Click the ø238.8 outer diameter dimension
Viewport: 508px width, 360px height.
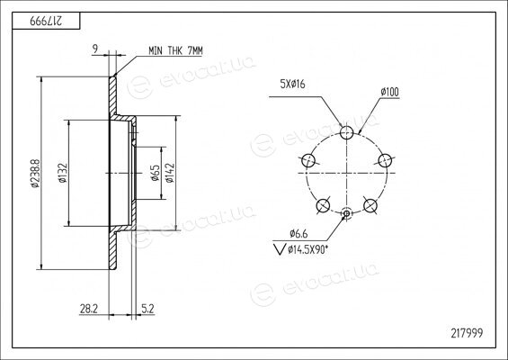coord(35,173)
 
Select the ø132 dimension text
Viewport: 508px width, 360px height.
coord(63,173)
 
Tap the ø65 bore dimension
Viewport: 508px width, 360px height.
coord(156,173)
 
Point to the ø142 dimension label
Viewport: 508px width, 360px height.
coord(170,173)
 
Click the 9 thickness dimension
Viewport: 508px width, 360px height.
coord(95,49)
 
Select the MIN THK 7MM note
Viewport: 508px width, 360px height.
coord(175,50)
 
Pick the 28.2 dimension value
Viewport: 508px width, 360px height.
coord(89,309)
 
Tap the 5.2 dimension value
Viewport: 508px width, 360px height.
coord(147,309)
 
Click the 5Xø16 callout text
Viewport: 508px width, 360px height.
coord(292,85)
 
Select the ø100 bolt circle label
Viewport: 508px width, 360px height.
coord(389,92)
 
